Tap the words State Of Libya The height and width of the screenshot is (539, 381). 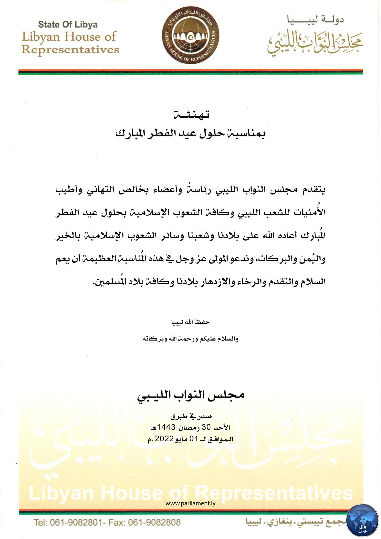[x=68, y=25]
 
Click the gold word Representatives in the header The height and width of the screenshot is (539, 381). [x=70, y=50]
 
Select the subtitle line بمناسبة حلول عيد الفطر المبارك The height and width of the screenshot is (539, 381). [x=190, y=133]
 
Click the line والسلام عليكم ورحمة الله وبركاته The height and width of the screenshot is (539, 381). [x=190, y=339]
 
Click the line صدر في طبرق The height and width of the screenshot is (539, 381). [x=191, y=417]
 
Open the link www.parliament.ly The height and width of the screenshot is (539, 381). [x=190, y=503]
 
